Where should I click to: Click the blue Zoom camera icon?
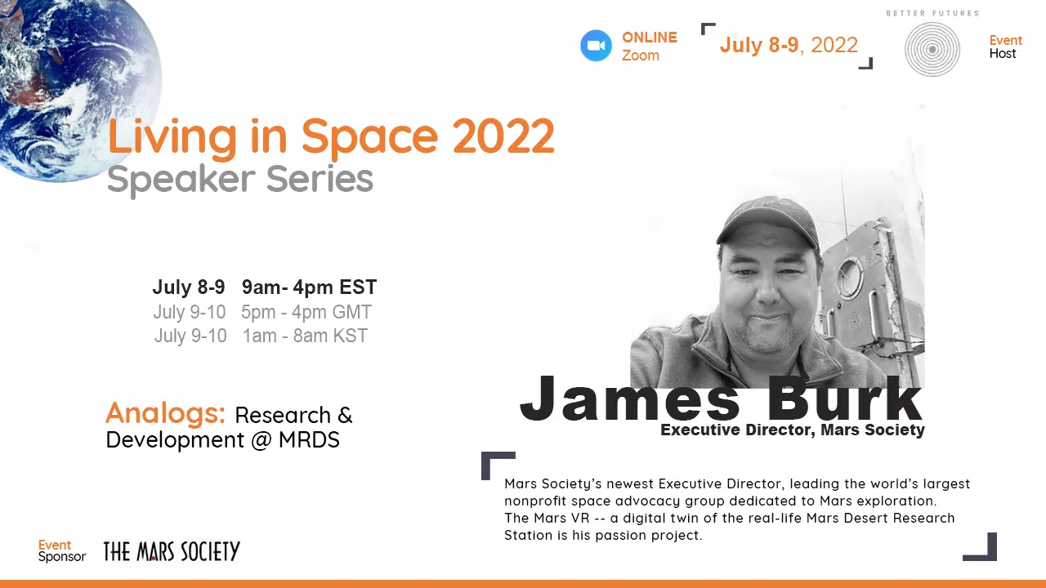coord(596,46)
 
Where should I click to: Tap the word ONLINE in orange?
coord(650,38)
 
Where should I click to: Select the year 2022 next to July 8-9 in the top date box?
coord(834,45)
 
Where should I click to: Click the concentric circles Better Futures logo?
coord(932,50)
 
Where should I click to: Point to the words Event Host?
coord(1005,47)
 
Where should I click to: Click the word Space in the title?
coord(369,136)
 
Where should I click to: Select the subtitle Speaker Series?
coord(240,179)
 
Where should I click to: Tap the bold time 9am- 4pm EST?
coord(309,287)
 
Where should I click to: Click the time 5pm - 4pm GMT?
coord(306,312)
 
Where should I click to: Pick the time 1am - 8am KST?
coord(306,336)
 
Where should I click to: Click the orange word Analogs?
coord(166,414)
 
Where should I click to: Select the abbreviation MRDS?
coord(309,439)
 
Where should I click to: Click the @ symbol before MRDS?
coord(261,440)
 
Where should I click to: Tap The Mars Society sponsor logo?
coord(172,551)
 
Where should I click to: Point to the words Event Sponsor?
coord(62,550)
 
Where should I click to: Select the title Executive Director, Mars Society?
coord(793,430)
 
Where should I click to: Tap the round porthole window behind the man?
coord(850,278)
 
